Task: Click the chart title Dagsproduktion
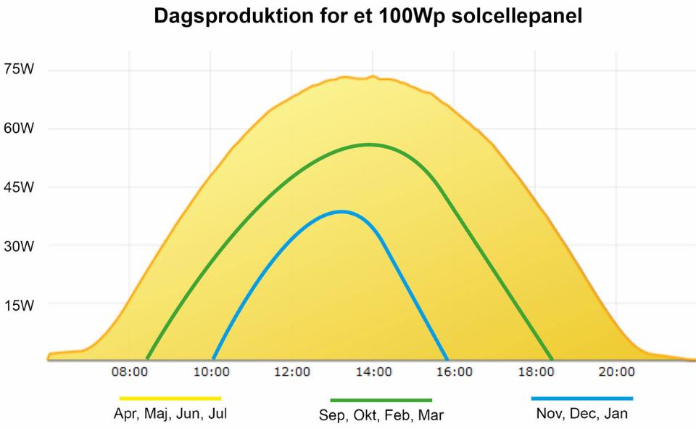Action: [368, 17]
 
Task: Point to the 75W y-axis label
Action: [19, 70]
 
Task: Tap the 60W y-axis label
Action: [19, 128]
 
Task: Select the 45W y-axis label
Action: [19, 187]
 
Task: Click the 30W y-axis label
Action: [19, 246]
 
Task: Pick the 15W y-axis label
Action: [19, 305]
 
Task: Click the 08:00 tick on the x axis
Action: [130, 372]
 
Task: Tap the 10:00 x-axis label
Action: [211, 372]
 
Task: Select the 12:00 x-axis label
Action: [292, 372]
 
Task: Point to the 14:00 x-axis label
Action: [373, 372]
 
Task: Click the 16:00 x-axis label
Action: [455, 372]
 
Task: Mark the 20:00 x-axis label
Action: [616, 372]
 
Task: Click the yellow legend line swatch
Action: [170, 399]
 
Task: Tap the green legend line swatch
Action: [381, 400]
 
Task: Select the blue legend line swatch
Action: [581, 399]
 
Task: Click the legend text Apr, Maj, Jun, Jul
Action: [170, 414]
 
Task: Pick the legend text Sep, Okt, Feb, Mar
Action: [381, 416]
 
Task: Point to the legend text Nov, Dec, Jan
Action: [581, 414]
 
